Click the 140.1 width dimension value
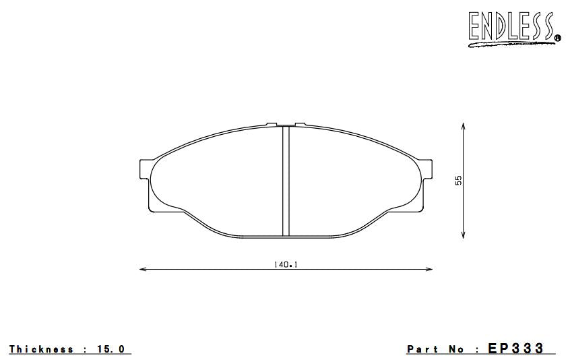[286, 264]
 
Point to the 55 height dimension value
[459, 180]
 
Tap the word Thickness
[41, 349]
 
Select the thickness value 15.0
[111, 349]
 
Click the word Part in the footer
[422, 349]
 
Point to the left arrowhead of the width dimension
[141, 270]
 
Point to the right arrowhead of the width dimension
[430, 270]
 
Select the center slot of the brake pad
[285, 181]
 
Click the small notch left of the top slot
[272, 124]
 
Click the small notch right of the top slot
[300, 124]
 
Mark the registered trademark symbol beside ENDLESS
[557, 38]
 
